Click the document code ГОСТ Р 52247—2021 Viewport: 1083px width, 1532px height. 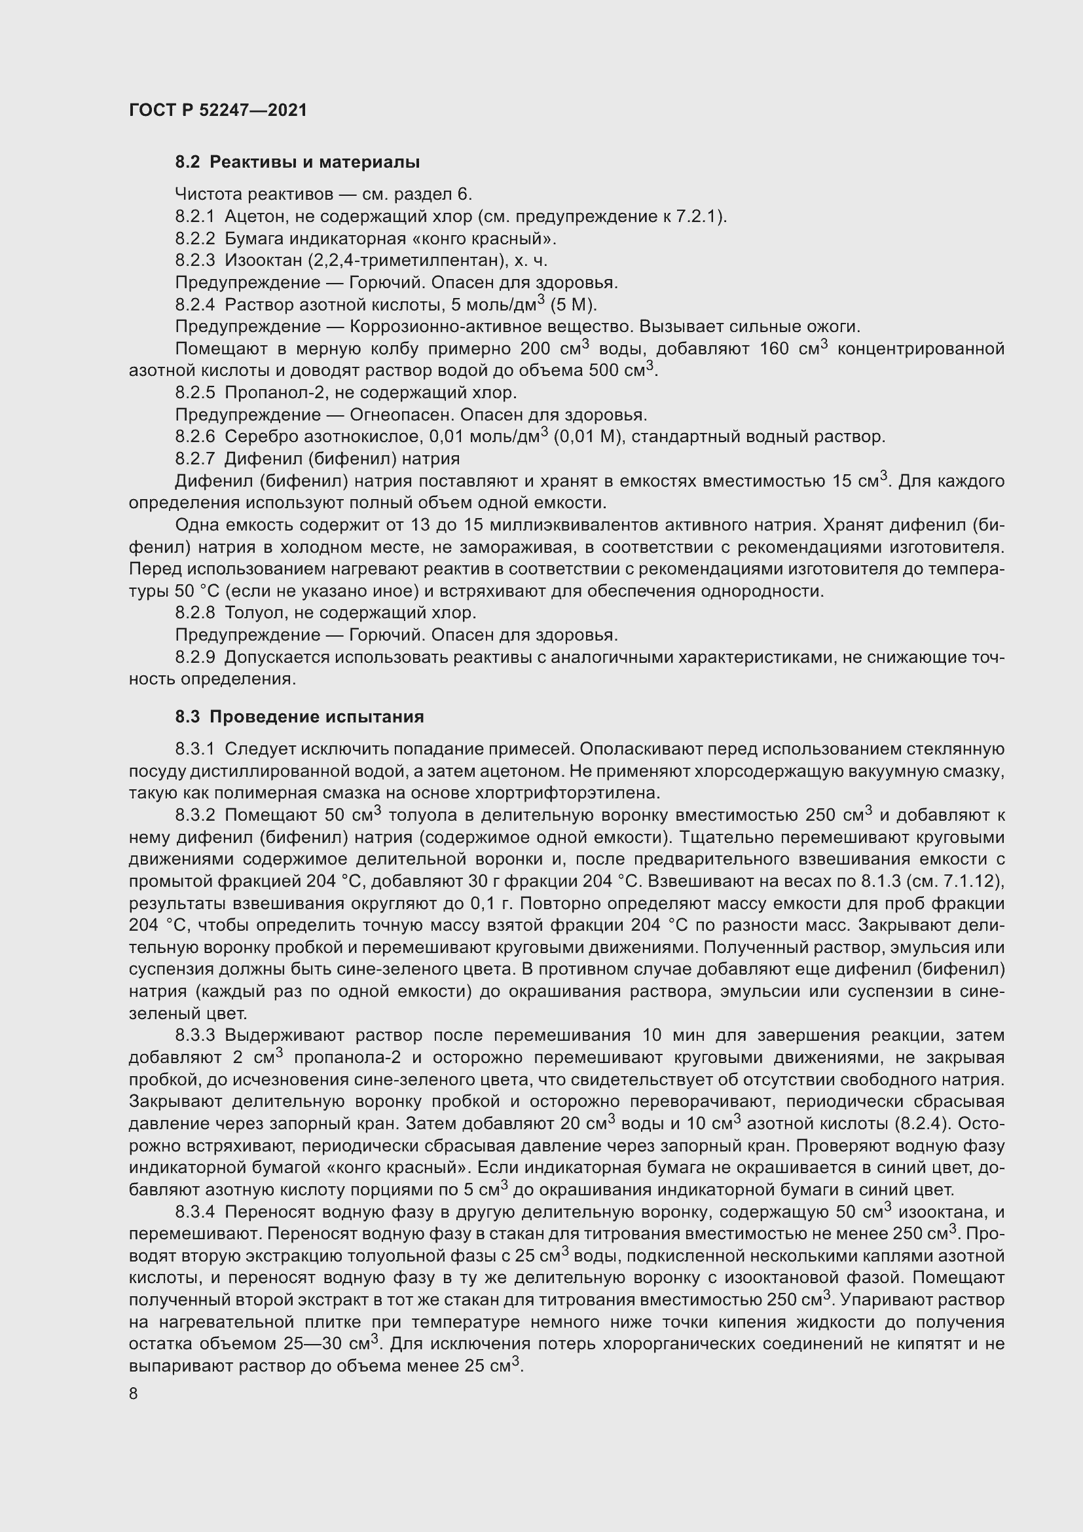(x=217, y=110)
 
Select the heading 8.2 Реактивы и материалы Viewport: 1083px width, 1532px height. (x=297, y=162)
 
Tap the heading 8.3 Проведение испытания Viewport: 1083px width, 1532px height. (x=299, y=717)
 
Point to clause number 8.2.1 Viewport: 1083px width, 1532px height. (x=194, y=216)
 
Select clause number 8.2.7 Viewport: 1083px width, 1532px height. (x=194, y=458)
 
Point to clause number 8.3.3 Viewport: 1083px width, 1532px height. (x=194, y=1036)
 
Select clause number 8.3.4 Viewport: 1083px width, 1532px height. (x=194, y=1211)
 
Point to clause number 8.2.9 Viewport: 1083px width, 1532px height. (x=194, y=657)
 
